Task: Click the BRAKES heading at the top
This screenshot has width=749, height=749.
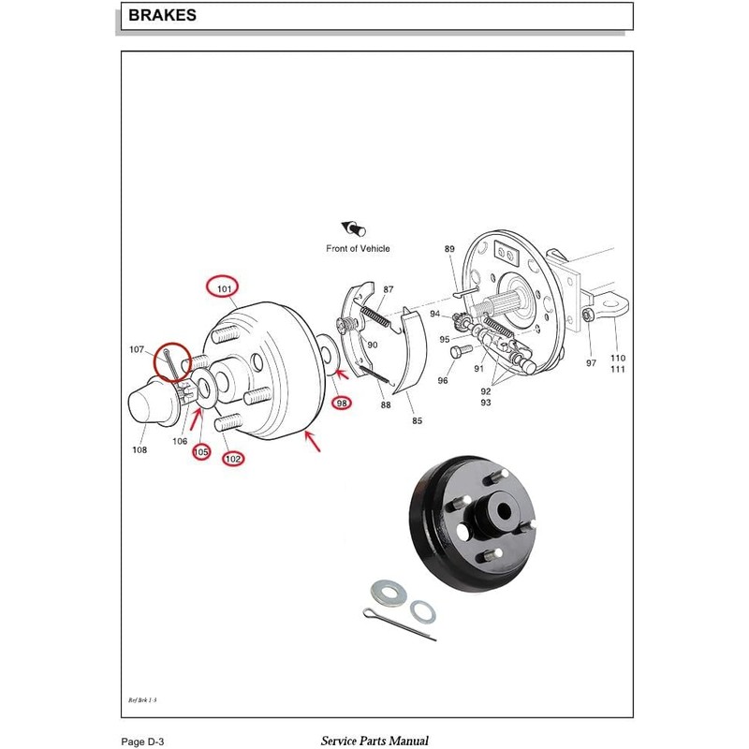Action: coord(162,16)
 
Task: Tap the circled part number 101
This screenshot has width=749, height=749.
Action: coord(224,288)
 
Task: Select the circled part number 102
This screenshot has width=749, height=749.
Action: coord(233,459)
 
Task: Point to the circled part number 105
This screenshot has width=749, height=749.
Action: coord(201,452)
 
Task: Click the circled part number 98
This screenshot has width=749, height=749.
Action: coord(342,403)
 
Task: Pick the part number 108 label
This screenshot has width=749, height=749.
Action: coord(139,449)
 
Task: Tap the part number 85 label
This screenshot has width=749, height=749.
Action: coord(417,420)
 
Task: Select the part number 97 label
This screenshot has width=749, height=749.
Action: coord(591,362)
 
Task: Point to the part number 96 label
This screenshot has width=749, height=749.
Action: coord(443,380)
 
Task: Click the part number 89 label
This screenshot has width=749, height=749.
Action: coord(449,248)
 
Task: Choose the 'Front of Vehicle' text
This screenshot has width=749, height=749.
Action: coord(358,248)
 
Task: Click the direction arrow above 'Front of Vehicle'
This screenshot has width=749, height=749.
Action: coord(354,228)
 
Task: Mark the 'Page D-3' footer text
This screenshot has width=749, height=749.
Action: coord(144,741)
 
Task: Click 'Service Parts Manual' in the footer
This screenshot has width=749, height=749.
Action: coord(374,741)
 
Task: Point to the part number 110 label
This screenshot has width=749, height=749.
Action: coord(618,358)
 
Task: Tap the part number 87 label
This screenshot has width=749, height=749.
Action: coord(389,289)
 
